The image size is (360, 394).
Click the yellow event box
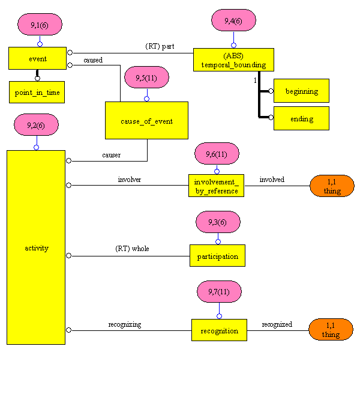coord(37,59)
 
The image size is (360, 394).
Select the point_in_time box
coord(37,92)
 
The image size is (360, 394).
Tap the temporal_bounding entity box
coord(233,60)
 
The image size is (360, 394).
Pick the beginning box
coord(301,91)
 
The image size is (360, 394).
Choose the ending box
coord(301,118)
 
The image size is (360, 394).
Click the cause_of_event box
coord(146,121)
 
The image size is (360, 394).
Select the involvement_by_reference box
coord(217,186)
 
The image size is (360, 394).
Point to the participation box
coord(217,256)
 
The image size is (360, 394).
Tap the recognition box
coord(219,330)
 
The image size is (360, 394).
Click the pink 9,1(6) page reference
coord(40,25)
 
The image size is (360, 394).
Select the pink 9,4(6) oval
coord(233,20)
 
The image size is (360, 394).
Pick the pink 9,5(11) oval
coord(146,77)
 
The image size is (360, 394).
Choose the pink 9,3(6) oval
coord(218,222)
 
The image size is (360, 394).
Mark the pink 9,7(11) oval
coord(219,292)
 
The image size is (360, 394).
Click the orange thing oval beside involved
coord(332,186)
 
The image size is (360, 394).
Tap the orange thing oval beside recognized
coord(331,330)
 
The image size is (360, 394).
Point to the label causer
coord(111,155)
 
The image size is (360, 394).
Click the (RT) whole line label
coord(132,249)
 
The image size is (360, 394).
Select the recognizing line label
coord(124,324)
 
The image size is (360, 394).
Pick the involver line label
coord(129,179)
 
